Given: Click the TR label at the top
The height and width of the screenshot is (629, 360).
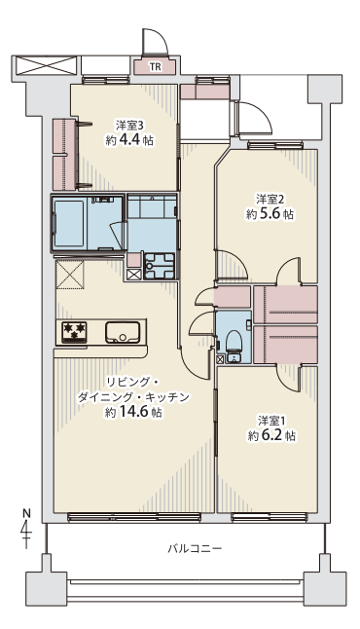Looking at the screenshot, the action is [155, 67].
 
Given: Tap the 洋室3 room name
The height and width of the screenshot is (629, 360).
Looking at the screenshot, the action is [129, 126].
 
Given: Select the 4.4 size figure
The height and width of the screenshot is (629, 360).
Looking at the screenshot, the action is [129, 141].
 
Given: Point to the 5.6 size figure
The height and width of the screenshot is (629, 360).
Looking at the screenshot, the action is [270, 214].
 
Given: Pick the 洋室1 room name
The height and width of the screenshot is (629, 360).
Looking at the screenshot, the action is [271, 421].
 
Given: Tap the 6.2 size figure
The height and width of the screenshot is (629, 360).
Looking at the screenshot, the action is [272, 436].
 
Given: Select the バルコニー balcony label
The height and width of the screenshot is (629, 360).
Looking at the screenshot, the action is [195, 548].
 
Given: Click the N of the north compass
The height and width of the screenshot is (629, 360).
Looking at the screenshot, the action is [26, 513].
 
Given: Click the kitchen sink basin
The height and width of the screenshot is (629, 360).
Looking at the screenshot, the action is [123, 332].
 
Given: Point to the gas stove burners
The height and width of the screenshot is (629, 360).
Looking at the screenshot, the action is [74, 332].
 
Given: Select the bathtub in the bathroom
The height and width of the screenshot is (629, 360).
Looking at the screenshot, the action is [69, 223].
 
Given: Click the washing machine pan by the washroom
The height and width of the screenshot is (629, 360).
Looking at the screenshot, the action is [160, 266].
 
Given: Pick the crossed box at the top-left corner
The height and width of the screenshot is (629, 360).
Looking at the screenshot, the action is [46, 65].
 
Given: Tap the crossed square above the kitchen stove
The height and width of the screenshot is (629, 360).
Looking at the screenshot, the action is [70, 275].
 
